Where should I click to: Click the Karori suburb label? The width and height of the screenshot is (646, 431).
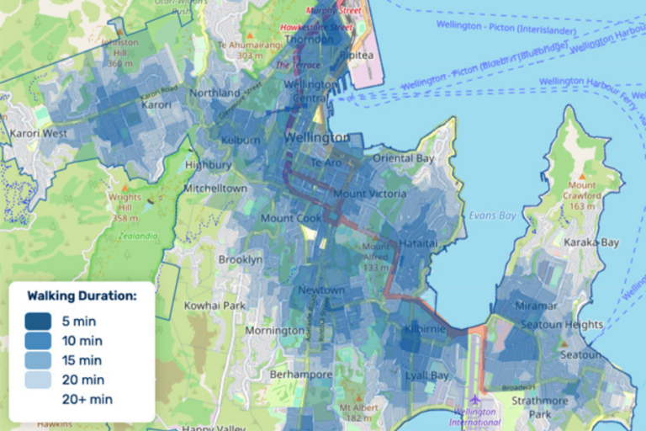coord(156,105)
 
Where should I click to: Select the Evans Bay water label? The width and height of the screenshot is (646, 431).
coord(493,214)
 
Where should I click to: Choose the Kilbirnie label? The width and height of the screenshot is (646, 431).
coord(425,329)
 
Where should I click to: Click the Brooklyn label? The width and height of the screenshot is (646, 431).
coord(240,260)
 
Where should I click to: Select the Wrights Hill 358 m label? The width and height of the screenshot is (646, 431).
coord(125,207)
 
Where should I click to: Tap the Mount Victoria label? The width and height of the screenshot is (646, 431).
coord(370,194)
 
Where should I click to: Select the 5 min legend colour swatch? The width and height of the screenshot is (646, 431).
coord(40,322)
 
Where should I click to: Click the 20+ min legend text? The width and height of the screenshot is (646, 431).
coord(87,400)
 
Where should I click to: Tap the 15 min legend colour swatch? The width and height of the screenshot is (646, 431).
coord(40,360)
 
